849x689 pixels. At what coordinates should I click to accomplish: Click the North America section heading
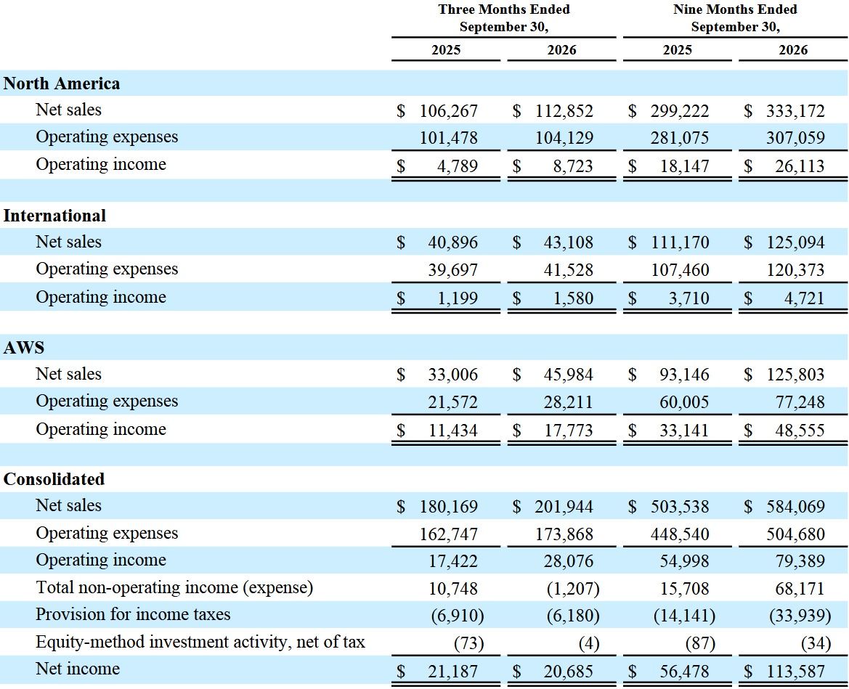(x=62, y=83)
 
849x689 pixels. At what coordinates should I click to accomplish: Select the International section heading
(x=54, y=216)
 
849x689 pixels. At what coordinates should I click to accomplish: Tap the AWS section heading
(x=24, y=348)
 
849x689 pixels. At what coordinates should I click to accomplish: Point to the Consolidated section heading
(x=54, y=479)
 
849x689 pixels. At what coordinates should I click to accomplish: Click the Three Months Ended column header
(x=504, y=18)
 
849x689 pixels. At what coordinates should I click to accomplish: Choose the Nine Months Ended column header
(x=735, y=18)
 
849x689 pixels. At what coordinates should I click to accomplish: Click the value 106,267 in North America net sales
(x=449, y=111)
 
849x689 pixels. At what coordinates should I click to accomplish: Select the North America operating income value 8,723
(x=573, y=166)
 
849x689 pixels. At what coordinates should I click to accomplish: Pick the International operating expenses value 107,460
(x=680, y=269)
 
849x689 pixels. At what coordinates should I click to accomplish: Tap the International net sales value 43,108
(x=569, y=242)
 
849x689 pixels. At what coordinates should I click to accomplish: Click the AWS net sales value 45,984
(x=569, y=374)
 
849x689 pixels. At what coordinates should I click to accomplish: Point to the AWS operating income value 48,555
(x=800, y=431)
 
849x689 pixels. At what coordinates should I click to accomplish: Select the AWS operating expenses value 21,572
(x=453, y=402)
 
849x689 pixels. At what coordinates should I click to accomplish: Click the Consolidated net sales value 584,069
(x=796, y=507)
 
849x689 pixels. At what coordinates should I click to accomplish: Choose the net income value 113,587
(x=796, y=671)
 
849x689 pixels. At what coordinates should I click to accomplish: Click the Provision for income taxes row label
(x=133, y=614)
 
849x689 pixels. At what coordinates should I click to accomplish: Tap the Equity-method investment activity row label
(x=200, y=642)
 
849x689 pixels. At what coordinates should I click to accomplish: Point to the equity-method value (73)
(x=469, y=643)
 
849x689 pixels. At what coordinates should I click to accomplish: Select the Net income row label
(x=78, y=669)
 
